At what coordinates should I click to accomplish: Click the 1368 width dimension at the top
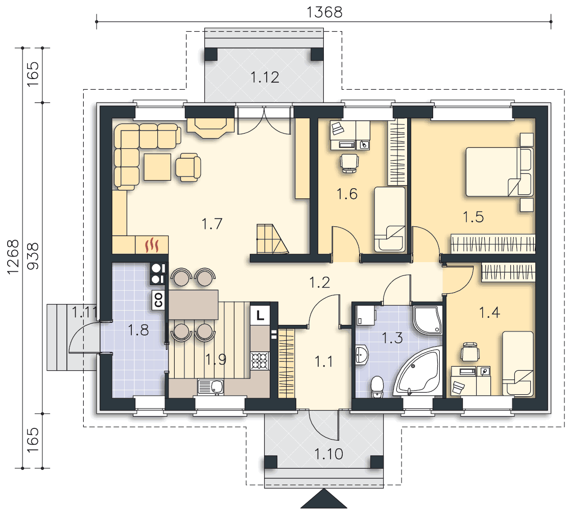tap(324, 12)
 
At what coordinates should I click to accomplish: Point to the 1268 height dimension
tap(13, 257)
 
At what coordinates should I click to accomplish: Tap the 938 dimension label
tap(33, 256)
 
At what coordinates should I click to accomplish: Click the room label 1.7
tap(212, 224)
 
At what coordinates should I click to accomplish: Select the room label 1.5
tap(474, 217)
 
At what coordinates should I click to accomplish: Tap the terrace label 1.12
tap(265, 77)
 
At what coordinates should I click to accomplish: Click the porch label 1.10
tap(328, 454)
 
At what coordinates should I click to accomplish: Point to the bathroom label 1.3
tap(392, 338)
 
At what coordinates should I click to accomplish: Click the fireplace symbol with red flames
tap(152, 245)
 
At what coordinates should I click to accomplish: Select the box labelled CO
tap(158, 300)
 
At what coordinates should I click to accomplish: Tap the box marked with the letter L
tap(260, 316)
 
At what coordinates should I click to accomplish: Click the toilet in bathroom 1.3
tap(377, 387)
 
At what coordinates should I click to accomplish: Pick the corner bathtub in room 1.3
tap(419, 372)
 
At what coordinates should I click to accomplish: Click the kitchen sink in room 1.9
tap(210, 387)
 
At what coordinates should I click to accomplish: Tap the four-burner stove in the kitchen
tap(260, 361)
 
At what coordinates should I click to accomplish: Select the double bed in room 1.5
tap(499, 171)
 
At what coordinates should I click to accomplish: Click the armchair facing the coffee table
tap(188, 167)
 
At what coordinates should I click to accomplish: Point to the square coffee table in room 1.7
tap(158, 167)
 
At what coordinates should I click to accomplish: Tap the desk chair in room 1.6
tap(349, 163)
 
